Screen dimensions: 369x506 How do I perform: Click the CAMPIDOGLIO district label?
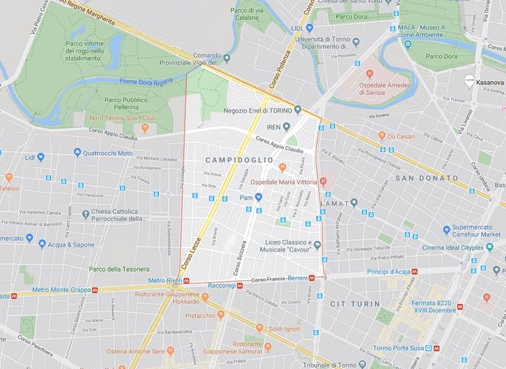point(239,159)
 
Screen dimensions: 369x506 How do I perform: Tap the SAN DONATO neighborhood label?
point(426,178)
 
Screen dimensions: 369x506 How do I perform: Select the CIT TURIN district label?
point(355,304)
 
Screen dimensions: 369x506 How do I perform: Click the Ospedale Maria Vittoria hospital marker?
point(324,182)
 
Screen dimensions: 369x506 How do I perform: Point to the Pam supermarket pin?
point(258,197)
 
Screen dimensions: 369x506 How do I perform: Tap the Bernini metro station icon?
point(311,278)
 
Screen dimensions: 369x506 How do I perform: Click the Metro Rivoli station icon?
point(187,280)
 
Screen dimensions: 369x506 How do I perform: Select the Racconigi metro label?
point(221,285)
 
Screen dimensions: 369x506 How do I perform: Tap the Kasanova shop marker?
point(469,82)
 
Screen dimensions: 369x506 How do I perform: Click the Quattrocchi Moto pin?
point(77,153)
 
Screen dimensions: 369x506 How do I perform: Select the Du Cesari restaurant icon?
point(381,135)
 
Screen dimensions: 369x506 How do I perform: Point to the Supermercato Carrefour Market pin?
point(447,230)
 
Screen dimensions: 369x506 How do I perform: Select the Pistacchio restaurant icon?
point(221,315)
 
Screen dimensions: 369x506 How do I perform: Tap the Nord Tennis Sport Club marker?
point(145,128)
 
